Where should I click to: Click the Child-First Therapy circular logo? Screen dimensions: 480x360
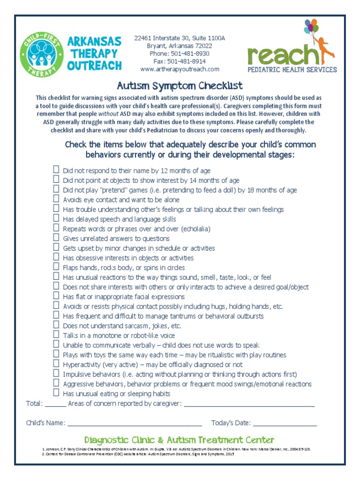click(x=41, y=54)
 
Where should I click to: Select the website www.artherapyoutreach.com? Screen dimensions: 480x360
click(x=180, y=69)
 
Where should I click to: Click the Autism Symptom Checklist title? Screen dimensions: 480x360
click(x=180, y=85)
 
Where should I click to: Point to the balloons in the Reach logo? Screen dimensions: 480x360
click(x=311, y=29)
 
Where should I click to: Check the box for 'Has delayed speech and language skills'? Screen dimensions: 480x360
click(x=56, y=218)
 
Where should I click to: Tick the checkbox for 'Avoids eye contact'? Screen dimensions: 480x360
click(x=56, y=199)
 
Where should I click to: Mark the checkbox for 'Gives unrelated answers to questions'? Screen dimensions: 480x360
click(x=56, y=238)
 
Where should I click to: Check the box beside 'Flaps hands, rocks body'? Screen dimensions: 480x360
click(x=56, y=267)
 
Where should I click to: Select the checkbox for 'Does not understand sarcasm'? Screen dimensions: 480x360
click(x=56, y=325)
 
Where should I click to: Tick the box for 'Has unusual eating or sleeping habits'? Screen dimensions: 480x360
click(x=56, y=393)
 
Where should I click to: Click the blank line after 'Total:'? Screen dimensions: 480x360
click(x=56, y=404)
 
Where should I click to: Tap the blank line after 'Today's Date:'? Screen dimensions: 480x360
click(x=285, y=424)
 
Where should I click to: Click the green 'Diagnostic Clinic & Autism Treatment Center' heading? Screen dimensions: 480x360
click(x=180, y=440)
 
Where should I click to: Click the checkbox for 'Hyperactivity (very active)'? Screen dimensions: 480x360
click(x=56, y=364)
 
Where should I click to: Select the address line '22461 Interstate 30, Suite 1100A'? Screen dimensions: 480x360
click(x=180, y=38)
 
